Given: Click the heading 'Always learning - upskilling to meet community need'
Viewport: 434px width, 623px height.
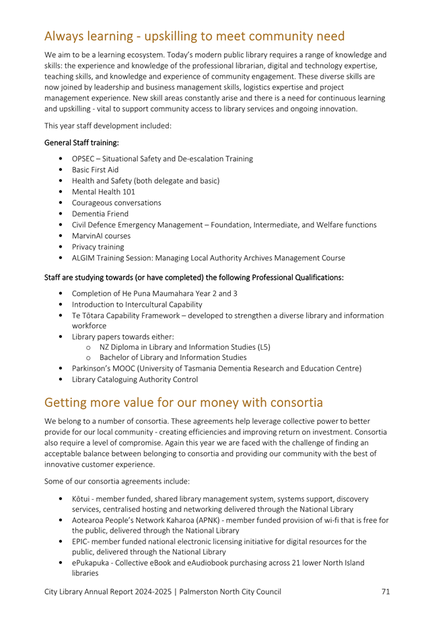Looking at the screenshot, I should (194, 35).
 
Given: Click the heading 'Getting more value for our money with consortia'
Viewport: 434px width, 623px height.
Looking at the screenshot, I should (183, 403).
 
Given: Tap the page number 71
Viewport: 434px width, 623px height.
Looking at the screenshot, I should (386, 591).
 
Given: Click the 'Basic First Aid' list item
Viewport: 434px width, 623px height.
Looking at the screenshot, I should (99, 170).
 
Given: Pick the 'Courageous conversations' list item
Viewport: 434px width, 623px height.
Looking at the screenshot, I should (116, 203).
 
